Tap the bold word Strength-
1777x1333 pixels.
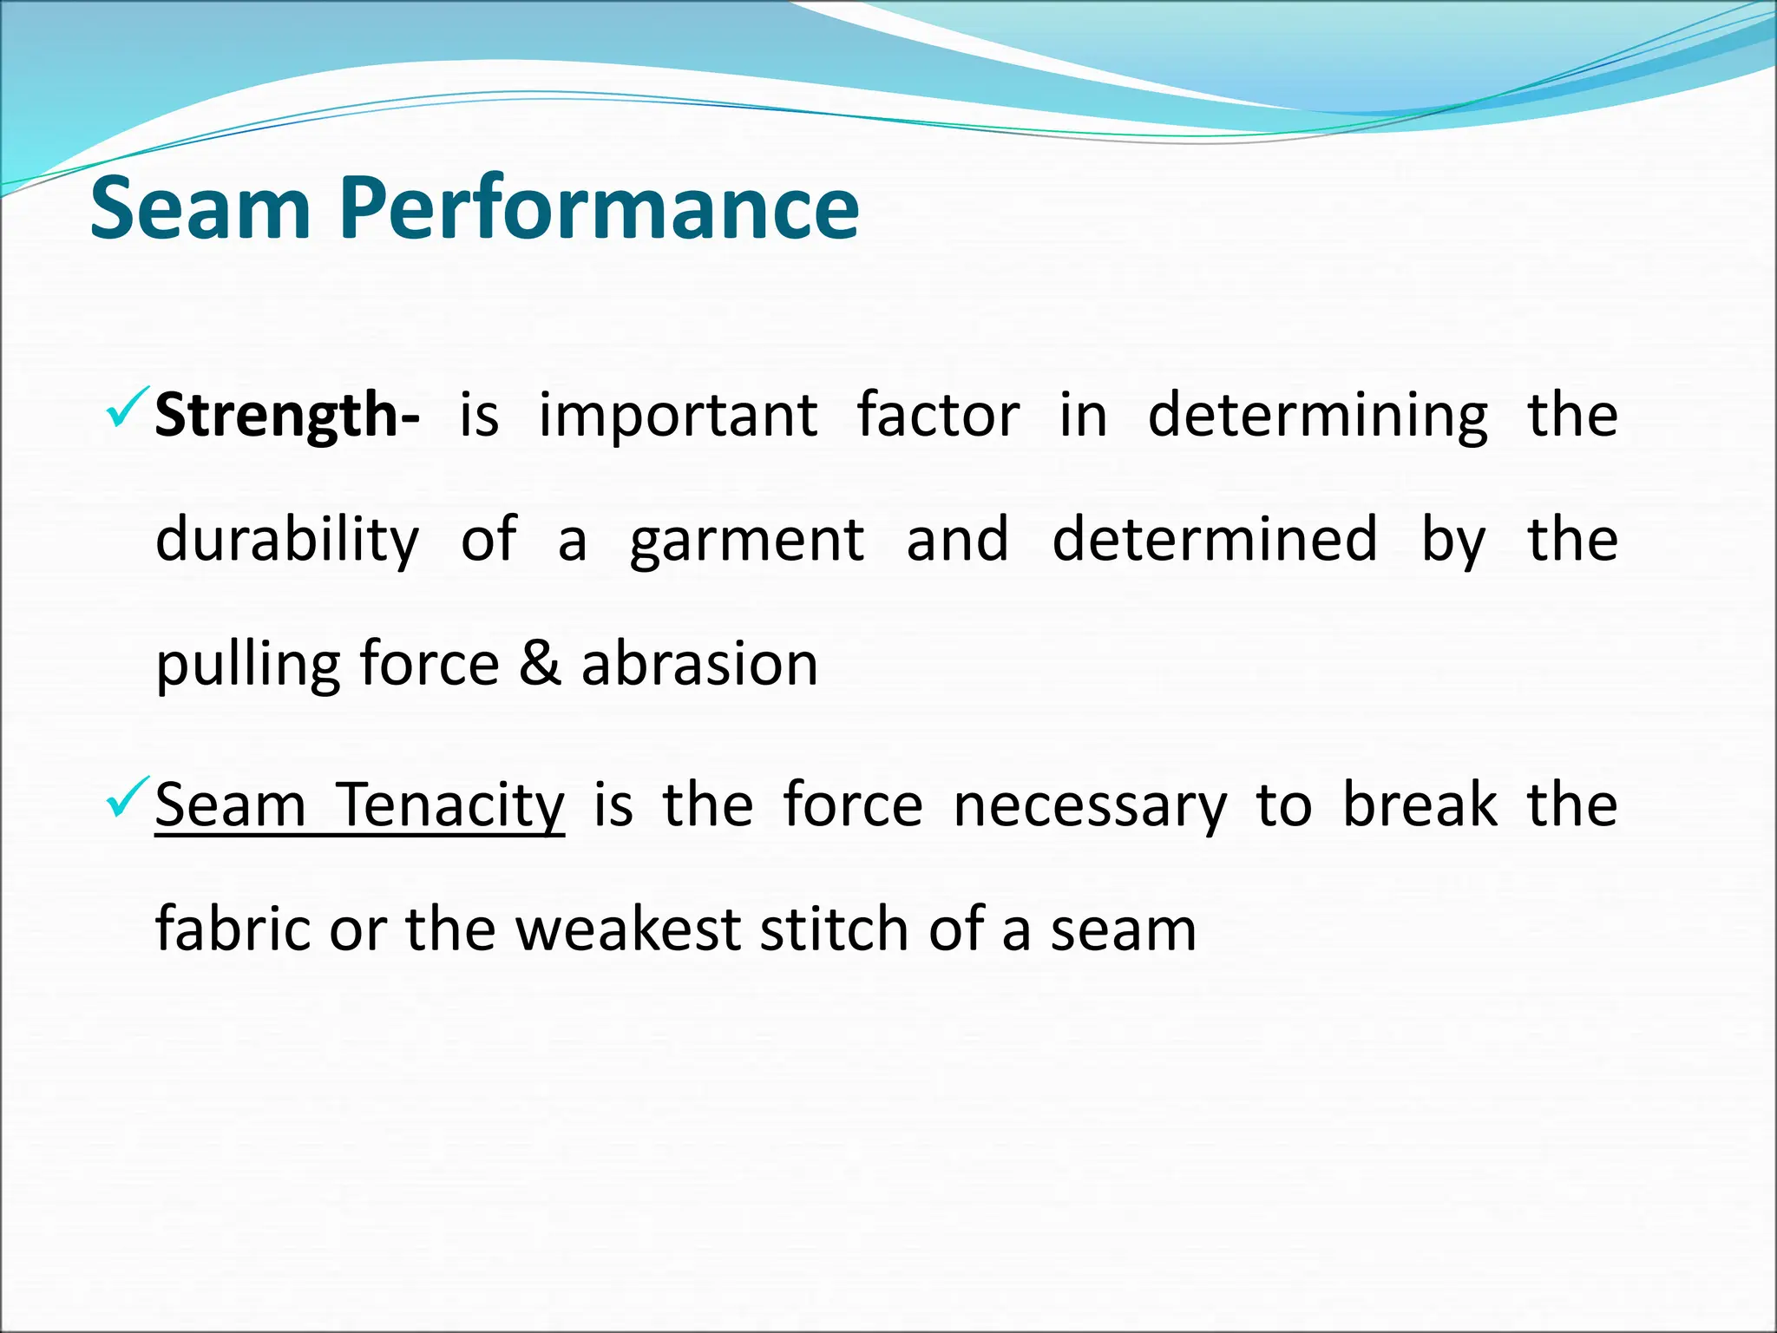[287, 415]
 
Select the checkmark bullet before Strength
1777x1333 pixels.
[127, 410]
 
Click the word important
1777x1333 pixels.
[678, 415]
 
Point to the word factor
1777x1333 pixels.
[938, 415]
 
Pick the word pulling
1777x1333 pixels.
[247, 665]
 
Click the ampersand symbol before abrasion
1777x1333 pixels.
[540, 665]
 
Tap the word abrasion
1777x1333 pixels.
[699, 665]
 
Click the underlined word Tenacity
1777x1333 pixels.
[450, 804]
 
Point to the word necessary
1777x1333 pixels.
[1090, 804]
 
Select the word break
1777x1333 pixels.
[1420, 804]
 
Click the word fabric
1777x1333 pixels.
[233, 929]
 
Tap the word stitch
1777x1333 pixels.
[834, 929]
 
